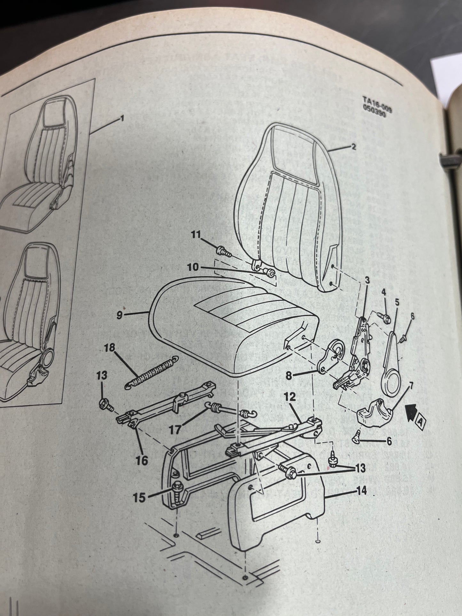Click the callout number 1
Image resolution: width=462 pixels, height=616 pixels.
pyautogui.click(x=121, y=119)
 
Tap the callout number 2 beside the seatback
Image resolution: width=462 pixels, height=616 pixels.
pyautogui.click(x=353, y=147)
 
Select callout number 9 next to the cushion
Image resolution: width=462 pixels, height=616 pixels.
pyautogui.click(x=119, y=315)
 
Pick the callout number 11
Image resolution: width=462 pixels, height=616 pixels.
pyautogui.click(x=195, y=236)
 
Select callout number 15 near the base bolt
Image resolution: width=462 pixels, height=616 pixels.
pyautogui.click(x=139, y=497)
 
